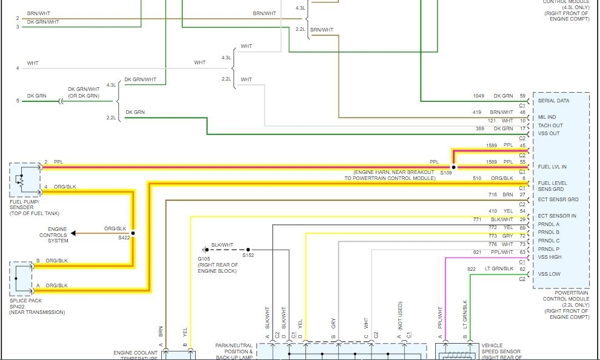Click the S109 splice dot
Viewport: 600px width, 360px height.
pos(453,167)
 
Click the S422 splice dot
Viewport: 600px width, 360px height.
pos(133,233)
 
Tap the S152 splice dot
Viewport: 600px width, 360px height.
pos(251,249)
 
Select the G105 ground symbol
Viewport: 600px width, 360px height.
pos(205,249)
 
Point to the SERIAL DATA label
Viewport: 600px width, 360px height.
pos(553,101)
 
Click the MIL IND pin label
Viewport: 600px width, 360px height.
pos(547,117)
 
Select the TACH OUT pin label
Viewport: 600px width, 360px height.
pos(550,125)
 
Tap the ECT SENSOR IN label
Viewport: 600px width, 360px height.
pos(557,216)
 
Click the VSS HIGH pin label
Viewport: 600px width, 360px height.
pos(550,257)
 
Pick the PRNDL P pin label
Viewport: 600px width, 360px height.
pos(549,249)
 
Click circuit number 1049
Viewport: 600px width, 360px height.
pos(479,96)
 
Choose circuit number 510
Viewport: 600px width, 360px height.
pos(478,178)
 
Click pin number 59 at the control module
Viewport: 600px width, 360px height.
pos(522,96)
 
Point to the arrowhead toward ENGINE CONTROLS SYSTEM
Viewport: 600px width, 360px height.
pos(73,233)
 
